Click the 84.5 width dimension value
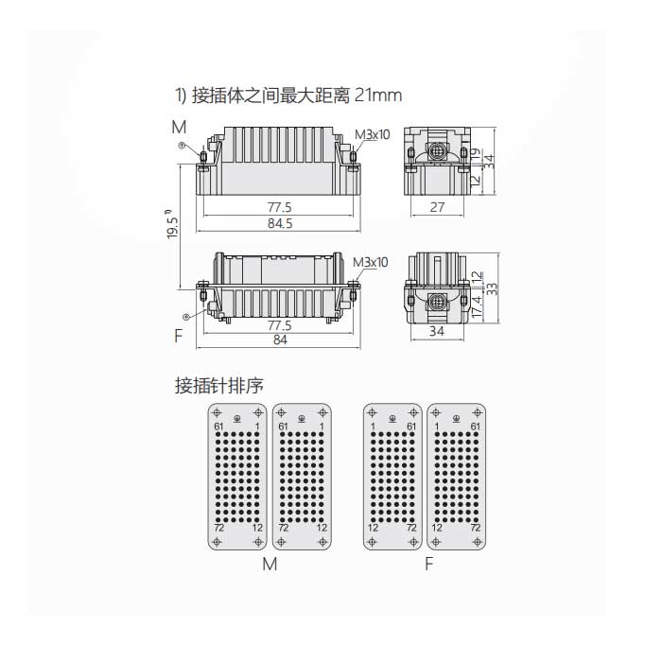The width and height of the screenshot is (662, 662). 280,223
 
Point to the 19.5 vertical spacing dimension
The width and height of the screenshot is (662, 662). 171,227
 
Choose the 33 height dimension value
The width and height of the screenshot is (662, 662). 491,287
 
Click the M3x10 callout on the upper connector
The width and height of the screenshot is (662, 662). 372,133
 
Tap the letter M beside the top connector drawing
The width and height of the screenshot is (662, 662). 179,127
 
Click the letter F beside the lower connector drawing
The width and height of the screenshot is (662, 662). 178,336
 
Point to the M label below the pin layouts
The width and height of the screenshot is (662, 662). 270,566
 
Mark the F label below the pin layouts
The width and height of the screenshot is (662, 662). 428,566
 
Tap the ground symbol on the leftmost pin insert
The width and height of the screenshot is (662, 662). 236,417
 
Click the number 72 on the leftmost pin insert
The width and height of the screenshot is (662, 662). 218,527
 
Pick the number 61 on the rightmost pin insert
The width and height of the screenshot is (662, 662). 474,427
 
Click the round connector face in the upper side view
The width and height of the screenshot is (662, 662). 438,151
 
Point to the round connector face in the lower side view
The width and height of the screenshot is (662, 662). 437,302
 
